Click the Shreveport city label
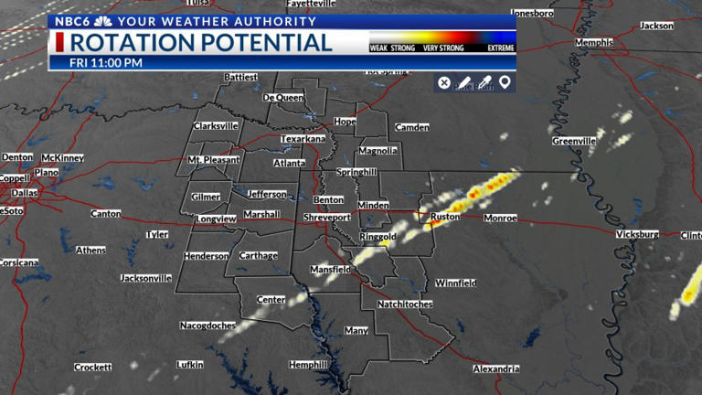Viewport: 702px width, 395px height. tap(327, 218)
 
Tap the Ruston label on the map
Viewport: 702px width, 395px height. tap(445, 218)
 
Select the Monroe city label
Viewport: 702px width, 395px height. tap(500, 219)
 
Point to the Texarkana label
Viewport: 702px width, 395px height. tap(303, 139)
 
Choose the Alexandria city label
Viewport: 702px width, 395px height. tap(496, 369)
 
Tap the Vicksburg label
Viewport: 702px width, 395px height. tap(637, 235)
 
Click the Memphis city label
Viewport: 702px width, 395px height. tap(594, 43)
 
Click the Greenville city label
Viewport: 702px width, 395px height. tap(574, 142)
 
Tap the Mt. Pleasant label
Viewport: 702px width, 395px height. tap(213, 160)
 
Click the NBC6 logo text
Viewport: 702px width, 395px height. tap(71, 21)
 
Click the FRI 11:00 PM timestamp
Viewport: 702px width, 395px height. tap(106, 63)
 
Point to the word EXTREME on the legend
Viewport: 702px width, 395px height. tap(501, 48)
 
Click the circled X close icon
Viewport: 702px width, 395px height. tap(444, 83)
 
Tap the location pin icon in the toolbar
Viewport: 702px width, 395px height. tap(505, 83)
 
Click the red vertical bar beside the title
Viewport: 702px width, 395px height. tap(59, 43)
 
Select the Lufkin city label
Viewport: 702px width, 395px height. tap(190, 365)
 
